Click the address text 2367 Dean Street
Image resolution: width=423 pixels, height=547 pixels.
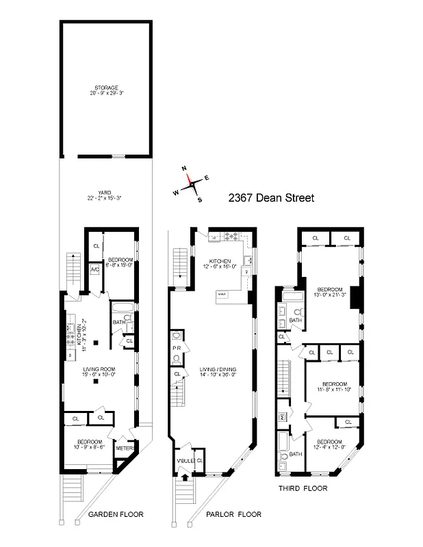coord(271,199)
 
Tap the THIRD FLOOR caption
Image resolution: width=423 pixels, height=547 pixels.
coord(302,488)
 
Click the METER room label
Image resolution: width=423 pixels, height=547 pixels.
coord(123,449)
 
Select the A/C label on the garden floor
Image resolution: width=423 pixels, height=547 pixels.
coord(95,269)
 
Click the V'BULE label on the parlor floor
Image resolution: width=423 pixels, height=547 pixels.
coord(185,460)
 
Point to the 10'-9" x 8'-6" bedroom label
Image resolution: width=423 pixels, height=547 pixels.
coord(90,443)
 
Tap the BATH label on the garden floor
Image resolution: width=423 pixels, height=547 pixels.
coord(118,321)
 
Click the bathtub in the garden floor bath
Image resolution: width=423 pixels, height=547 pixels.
coord(124,307)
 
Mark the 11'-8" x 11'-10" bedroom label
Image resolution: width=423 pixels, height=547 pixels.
coord(331,386)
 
